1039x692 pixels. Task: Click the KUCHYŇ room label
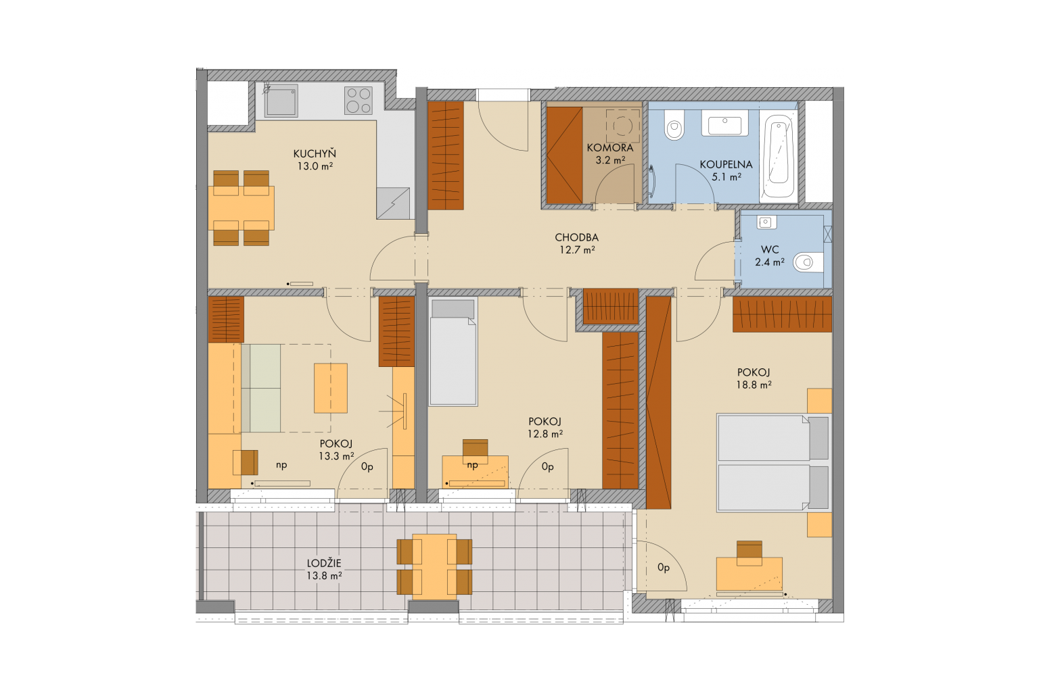click(x=315, y=153)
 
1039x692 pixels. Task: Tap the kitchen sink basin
click(x=281, y=100)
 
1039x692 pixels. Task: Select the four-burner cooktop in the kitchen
click(x=359, y=101)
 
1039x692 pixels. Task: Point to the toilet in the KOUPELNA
click(x=674, y=125)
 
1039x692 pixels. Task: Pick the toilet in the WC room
click(x=808, y=262)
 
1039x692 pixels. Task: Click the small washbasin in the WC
click(x=766, y=222)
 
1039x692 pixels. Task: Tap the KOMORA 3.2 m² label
click(x=610, y=154)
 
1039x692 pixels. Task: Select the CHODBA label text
click(x=576, y=237)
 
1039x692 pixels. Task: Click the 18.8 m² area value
click(x=754, y=385)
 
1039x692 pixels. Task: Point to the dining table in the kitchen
click(x=241, y=208)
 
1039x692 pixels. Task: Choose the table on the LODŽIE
click(x=434, y=566)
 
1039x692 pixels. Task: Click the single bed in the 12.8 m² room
click(x=453, y=352)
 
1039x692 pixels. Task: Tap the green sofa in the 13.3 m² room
click(x=260, y=389)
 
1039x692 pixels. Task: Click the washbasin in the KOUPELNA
click(x=724, y=123)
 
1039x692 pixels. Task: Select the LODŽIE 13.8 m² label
click(x=324, y=570)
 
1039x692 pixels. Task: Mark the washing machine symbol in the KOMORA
click(x=622, y=126)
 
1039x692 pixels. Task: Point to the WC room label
click(x=770, y=250)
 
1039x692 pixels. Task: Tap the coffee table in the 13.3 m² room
click(x=331, y=389)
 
